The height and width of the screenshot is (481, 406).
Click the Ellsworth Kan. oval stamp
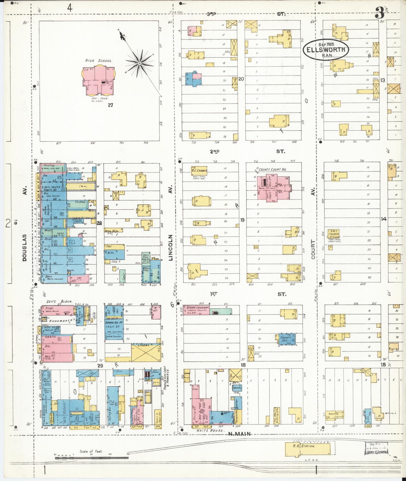pyautogui.click(x=326, y=50)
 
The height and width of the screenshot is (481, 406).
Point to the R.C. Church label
pyautogui.click(x=199, y=170)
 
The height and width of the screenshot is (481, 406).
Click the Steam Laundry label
pyautogui.click(x=197, y=307)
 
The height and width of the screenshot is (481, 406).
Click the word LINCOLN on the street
pyautogui.click(x=171, y=248)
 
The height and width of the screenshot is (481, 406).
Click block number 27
pyautogui.click(x=110, y=105)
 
